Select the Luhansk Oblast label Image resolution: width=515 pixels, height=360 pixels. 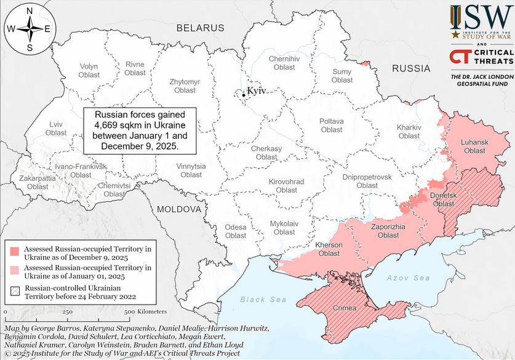click(x=474, y=146)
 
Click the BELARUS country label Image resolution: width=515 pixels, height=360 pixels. click(x=201, y=28)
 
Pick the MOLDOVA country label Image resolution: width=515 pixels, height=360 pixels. click(x=179, y=209)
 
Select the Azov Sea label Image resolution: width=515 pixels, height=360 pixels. click(x=408, y=278)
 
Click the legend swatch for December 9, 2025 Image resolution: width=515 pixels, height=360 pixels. click(x=14, y=251)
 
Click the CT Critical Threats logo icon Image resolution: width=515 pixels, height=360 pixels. click(x=457, y=57)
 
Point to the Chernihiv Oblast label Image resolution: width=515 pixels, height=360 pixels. click(x=285, y=63)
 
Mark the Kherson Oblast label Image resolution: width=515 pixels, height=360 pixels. click(x=328, y=249)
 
